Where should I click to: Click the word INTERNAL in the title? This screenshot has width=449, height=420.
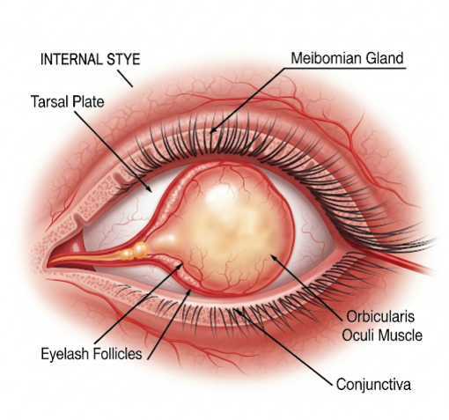71,59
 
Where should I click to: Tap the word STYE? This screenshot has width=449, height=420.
123,59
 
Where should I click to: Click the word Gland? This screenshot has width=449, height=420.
385,58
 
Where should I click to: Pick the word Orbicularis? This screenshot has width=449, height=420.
380,317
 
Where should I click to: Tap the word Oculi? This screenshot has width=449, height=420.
359,335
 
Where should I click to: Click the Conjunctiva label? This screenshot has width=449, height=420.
373,384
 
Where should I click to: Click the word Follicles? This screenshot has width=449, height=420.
117,354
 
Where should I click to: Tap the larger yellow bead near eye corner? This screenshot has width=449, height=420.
140,250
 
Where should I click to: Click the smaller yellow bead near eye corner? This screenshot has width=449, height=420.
128,254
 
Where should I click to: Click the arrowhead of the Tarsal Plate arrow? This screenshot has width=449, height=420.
149,189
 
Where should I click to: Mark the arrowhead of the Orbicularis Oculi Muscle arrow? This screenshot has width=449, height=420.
274,258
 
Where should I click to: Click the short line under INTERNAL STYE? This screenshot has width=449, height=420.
125,78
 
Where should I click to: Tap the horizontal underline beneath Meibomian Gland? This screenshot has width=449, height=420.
345,69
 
